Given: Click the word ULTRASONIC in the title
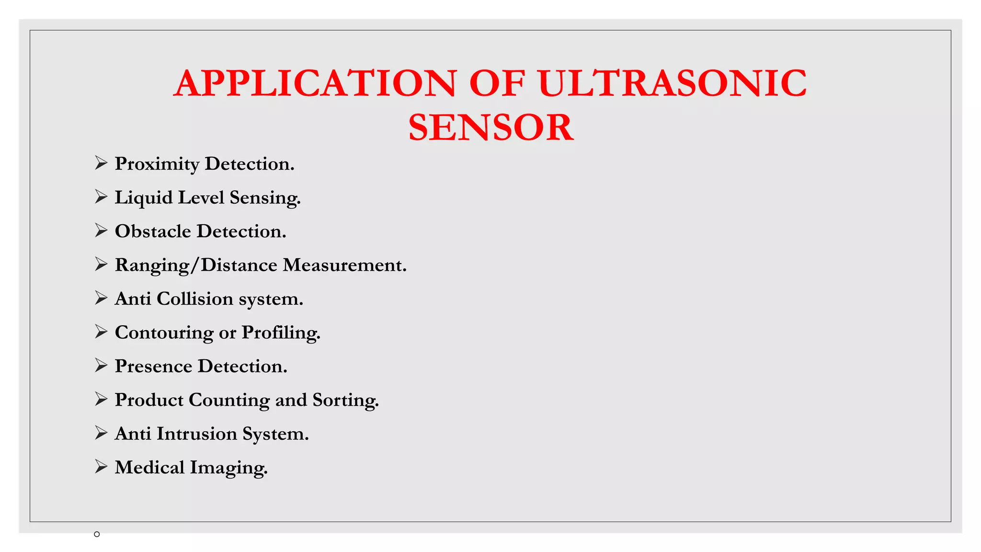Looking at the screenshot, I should (672, 83).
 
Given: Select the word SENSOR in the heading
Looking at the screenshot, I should (491, 127).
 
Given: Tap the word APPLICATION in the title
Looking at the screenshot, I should (315, 83).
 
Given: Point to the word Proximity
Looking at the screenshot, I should (157, 164).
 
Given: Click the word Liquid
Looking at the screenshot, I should (144, 197).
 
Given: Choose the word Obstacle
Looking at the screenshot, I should (153, 231).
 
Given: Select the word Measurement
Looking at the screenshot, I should (344, 265).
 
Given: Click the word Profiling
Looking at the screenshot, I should (281, 333).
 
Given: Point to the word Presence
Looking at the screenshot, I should (153, 367).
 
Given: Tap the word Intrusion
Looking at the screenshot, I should (197, 434).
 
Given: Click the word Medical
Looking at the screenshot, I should (149, 468).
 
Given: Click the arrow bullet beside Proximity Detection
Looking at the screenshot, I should (101, 163).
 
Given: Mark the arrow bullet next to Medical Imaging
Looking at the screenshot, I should (101, 466).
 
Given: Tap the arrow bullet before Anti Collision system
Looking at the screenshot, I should (101, 298).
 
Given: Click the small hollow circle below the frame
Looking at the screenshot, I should (97, 534).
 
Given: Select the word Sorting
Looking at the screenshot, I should (345, 400).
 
